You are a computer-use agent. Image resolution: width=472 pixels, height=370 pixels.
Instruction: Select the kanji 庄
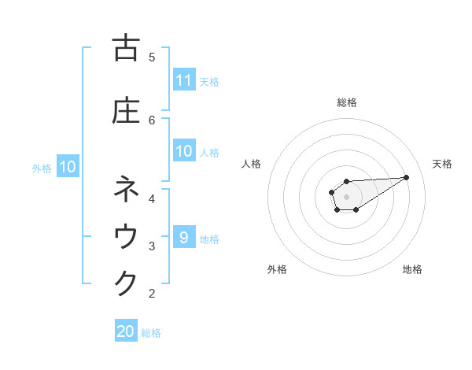[x=126, y=110]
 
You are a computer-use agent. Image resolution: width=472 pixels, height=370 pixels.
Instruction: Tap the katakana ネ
[x=126, y=189]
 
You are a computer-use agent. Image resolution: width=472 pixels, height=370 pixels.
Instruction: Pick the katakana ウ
[x=126, y=236]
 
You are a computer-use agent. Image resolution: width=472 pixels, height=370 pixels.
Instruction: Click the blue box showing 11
[x=184, y=80]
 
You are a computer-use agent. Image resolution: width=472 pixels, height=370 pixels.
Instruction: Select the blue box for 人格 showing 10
[x=184, y=152]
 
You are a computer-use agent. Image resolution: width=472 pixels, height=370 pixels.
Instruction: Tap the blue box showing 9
[x=184, y=238]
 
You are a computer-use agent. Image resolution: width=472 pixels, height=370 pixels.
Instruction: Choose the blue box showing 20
[x=127, y=331]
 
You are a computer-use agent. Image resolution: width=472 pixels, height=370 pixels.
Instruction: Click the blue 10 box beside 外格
[x=68, y=167]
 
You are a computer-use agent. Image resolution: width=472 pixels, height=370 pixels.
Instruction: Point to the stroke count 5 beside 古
[x=152, y=57]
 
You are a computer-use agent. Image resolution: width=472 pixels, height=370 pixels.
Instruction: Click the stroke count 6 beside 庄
[x=152, y=120]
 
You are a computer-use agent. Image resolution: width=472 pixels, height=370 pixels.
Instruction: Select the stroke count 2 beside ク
[x=152, y=294]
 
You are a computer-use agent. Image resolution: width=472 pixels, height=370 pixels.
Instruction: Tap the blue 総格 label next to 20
[x=151, y=333]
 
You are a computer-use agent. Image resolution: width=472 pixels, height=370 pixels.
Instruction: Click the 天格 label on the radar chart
[x=443, y=164]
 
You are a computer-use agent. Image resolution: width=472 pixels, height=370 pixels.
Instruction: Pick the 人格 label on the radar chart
[x=251, y=164]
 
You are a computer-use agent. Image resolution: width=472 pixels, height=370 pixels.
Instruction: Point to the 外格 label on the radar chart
[x=277, y=269]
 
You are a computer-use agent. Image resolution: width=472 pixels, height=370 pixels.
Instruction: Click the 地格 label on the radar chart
[x=412, y=269]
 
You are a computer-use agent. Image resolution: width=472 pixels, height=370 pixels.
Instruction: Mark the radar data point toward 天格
[x=407, y=176]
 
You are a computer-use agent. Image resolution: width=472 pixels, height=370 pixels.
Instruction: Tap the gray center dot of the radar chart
[x=346, y=196]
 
